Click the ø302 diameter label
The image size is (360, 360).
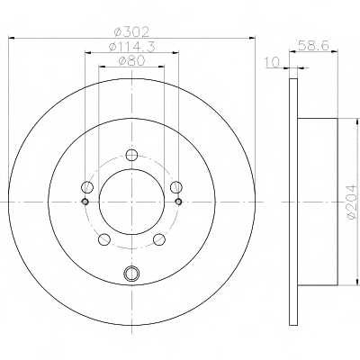click(x=131, y=31)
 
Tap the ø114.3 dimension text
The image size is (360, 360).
click(x=131, y=47)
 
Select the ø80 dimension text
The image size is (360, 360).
click(x=131, y=61)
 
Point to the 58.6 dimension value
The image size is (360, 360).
click(x=313, y=46)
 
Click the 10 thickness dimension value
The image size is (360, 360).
click(x=273, y=62)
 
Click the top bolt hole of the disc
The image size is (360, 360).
click(x=131, y=155)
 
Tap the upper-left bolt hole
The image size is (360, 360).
click(x=87, y=187)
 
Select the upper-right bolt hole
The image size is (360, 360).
click(x=176, y=187)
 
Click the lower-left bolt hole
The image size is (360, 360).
click(x=104, y=239)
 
